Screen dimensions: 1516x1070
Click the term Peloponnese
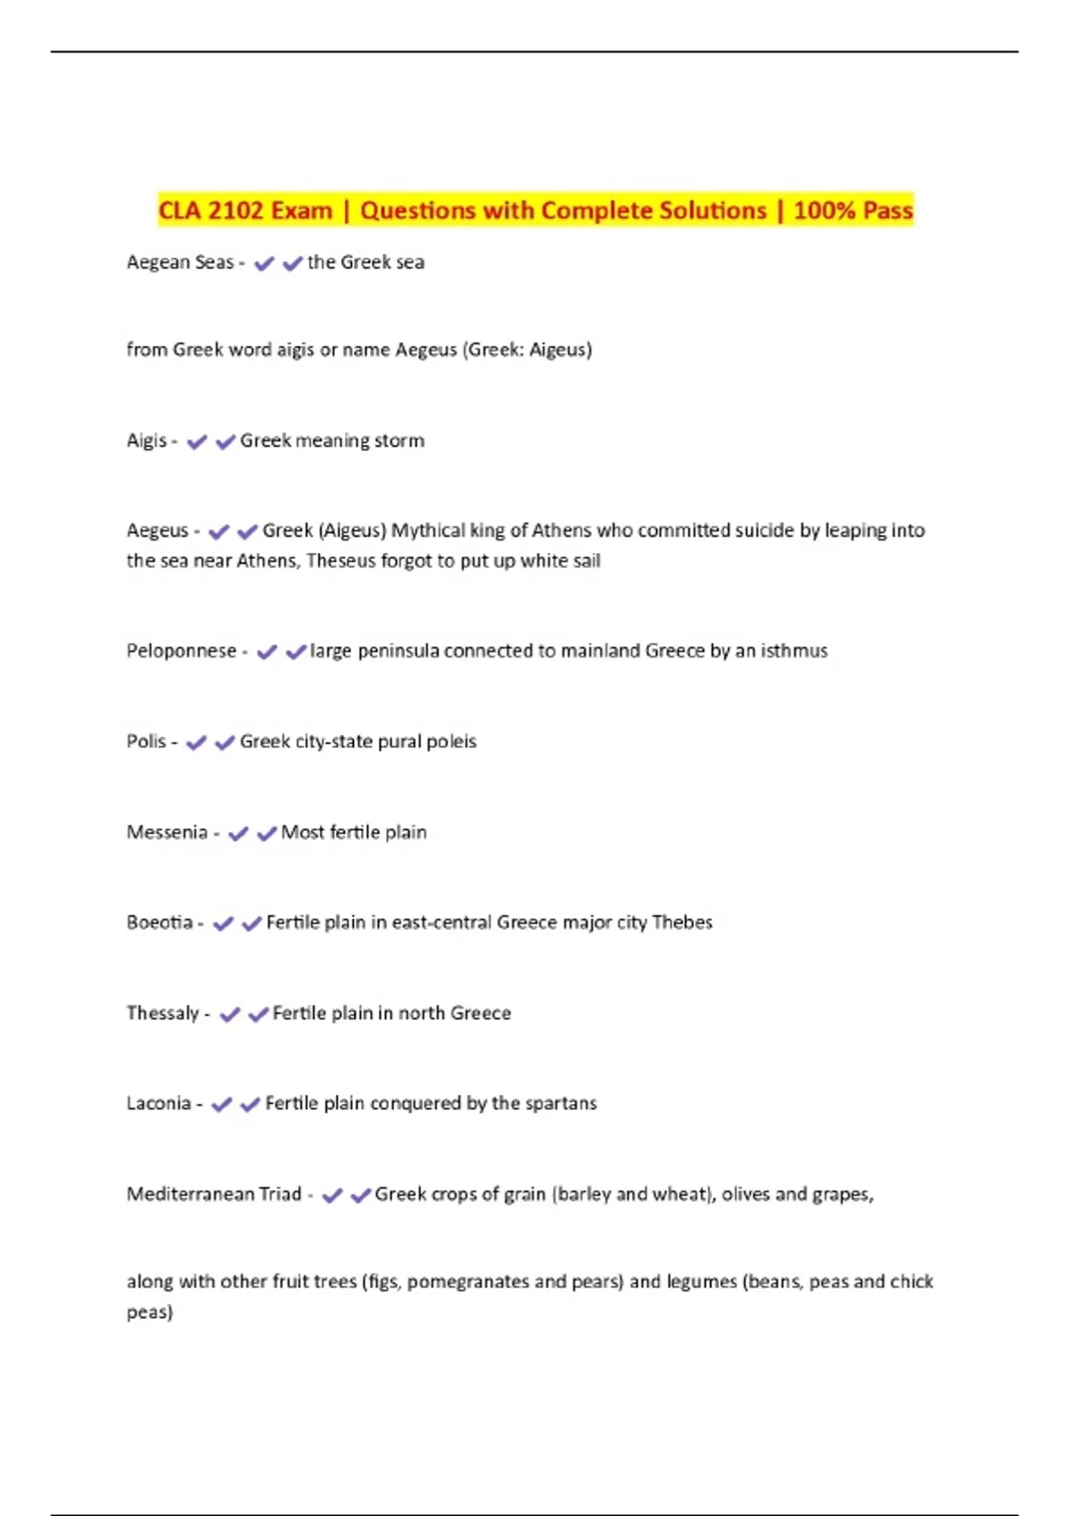tap(181, 651)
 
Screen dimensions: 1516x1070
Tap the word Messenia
tap(167, 832)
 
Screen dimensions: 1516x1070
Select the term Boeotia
tap(160, 922)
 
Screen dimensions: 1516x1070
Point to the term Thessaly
tap(162, 1013)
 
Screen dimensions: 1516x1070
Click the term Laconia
tap(159, 1103)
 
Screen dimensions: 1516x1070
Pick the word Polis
tap(146, 741)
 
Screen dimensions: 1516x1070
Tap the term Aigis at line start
tap(146, 441)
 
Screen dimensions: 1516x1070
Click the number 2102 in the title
tap(235, 210)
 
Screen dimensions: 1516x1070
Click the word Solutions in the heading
tap(712, 210)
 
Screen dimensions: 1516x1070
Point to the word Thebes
tap(682, 922)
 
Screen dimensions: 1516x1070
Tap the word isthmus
tap(794, 651)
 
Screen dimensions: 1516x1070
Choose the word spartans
tap(561, 1103)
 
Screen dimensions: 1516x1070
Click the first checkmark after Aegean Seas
tap(264, 263)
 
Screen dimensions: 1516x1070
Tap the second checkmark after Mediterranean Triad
tap(360, 1195)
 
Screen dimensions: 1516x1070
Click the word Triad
tap(280, 1194)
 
